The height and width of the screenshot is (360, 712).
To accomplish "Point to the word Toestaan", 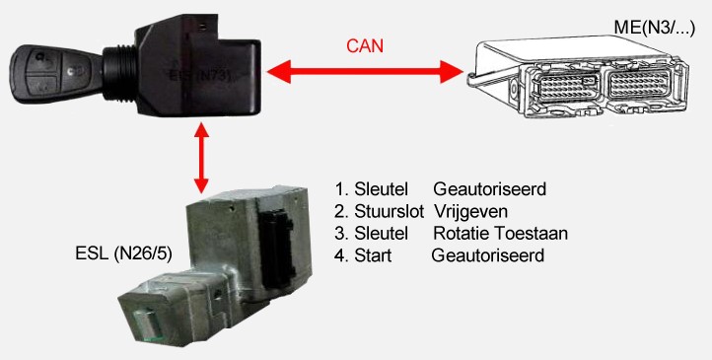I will click(x=534, y=233).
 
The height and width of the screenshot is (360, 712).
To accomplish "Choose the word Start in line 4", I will click(x=373, y=255).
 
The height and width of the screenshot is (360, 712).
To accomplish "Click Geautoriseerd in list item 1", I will click(x=490, y=187).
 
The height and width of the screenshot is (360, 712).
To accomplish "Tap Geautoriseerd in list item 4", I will click(x=488, y=255).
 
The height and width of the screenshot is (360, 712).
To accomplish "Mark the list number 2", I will click(x=340, y=210).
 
